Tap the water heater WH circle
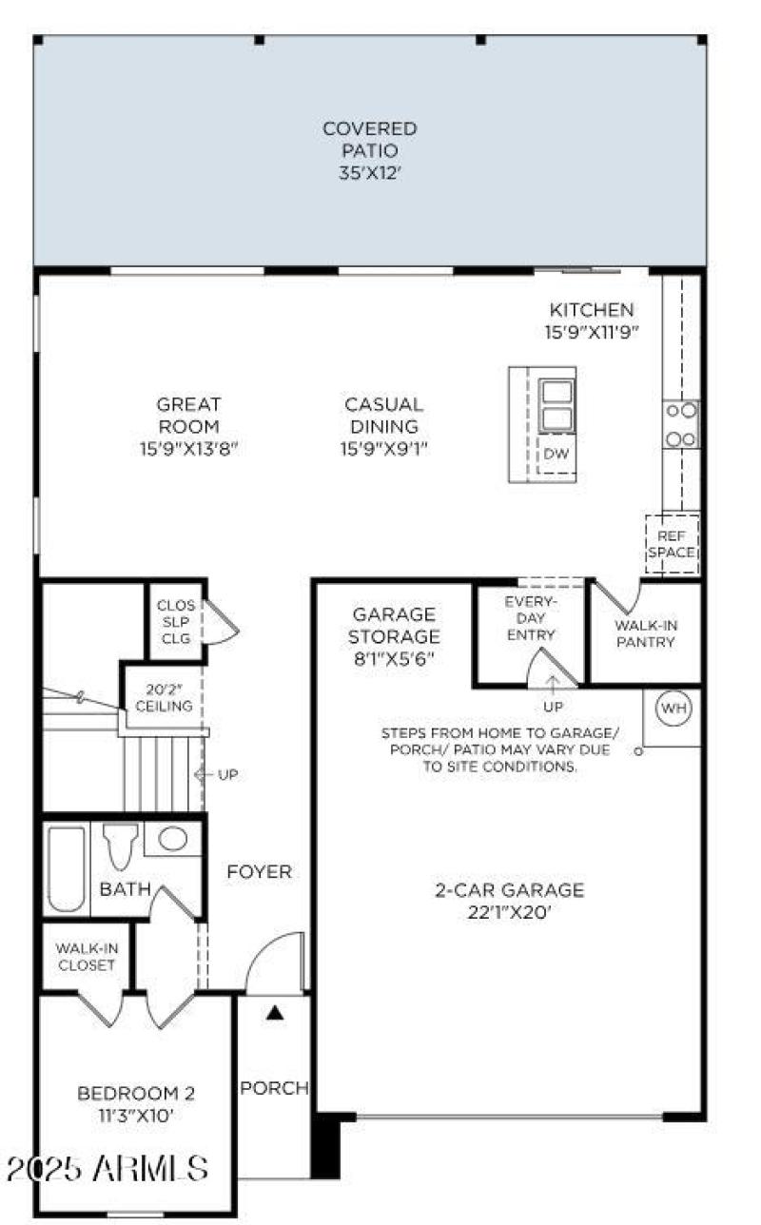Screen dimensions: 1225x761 [x=673, y=709]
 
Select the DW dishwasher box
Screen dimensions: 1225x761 [x=556, y=454]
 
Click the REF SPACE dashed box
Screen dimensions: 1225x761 [x=672, y=544]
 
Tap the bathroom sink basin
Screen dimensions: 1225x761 [x=172, y=840]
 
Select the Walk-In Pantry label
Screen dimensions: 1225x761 [x=644, y=633]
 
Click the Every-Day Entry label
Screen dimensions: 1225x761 [x=530, y=618]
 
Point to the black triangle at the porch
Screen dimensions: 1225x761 [x=275, y=1014]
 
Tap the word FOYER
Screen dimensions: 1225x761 [x=259, y=871]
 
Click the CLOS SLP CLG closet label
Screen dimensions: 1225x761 [x=175, y=621]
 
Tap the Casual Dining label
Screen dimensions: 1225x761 [x=383, y=427]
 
